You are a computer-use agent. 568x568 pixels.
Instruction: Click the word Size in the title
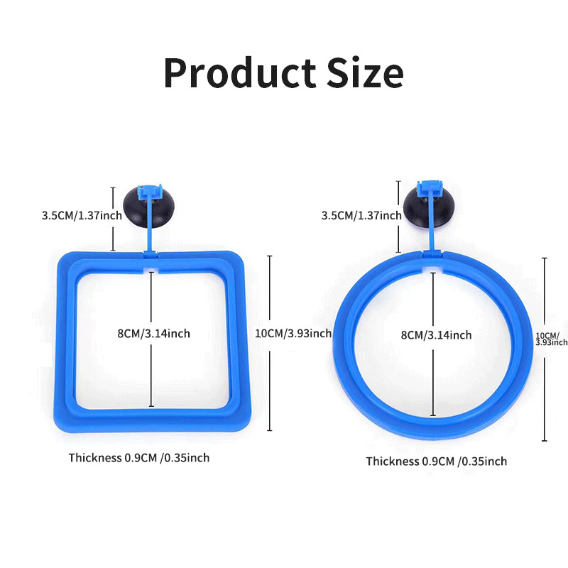tap(364, 72)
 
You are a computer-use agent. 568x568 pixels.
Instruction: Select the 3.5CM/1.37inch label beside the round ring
tap(361, 215)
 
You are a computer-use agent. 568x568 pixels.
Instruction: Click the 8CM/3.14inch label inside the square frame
tap(153, 333)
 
